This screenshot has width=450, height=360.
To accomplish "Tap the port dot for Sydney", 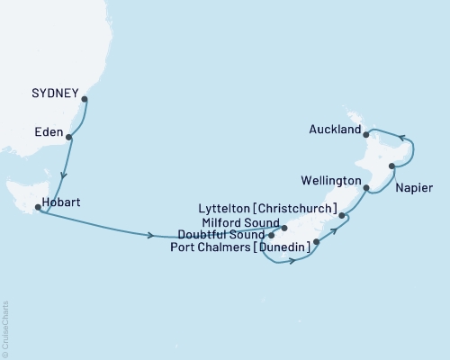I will click(x=85, y=100).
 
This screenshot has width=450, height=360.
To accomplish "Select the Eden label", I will click(x=49, y=135).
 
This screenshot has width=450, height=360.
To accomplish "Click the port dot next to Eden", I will click(x=69, y=136).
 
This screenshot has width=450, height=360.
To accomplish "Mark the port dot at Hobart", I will click(x=37, y=207).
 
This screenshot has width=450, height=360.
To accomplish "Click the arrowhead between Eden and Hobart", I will click(x=62, y=175).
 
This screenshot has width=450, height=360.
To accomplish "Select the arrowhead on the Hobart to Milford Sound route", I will click(x=149, y=235).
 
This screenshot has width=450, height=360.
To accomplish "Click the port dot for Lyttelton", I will click(x=341, y=216).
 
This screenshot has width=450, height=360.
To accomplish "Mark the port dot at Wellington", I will click(x=367, y=188).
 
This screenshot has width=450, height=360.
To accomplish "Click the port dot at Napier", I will click(x=392, y=166).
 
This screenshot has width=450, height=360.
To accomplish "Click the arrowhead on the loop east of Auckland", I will click(x=403, y=139).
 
